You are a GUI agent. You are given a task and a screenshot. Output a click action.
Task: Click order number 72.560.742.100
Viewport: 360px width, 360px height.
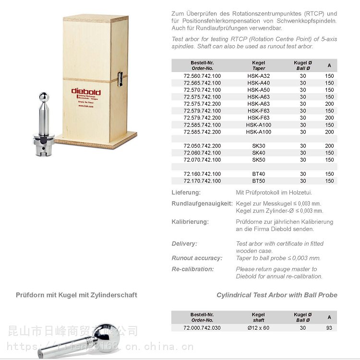coord(202,76)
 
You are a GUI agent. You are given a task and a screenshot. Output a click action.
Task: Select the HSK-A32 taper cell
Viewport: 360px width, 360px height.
coord(258,76)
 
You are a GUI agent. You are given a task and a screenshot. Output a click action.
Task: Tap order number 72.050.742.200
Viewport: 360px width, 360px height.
coord(202,145)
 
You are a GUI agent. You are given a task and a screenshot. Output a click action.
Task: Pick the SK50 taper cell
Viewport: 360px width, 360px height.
coord(258,159)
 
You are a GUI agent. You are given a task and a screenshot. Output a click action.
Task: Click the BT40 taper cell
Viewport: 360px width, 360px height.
coord(258,174)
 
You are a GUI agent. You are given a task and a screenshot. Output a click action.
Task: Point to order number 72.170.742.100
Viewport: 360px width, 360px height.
coord(202,181)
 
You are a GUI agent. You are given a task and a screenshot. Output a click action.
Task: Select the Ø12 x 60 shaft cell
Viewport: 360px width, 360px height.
coord(258,328)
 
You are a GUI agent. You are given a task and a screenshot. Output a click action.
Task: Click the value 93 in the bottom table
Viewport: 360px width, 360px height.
coord(329,328)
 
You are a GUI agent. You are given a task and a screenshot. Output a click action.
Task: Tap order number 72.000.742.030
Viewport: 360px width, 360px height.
coord(202,328)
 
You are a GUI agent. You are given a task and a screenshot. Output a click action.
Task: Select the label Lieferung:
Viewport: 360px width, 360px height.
coord(186,192)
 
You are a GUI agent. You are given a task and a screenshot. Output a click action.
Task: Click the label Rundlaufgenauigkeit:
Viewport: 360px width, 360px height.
coord(202,204)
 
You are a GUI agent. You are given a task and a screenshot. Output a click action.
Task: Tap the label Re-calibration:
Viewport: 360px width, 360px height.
coord(192,269)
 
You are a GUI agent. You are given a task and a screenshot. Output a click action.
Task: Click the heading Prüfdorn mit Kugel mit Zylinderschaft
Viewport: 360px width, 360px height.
coord(76,295)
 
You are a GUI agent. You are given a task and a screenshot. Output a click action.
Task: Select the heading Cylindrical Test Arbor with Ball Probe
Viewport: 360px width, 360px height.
coord(276,295)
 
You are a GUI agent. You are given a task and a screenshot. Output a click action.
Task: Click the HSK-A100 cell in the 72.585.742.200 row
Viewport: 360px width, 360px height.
coord(258,132)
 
